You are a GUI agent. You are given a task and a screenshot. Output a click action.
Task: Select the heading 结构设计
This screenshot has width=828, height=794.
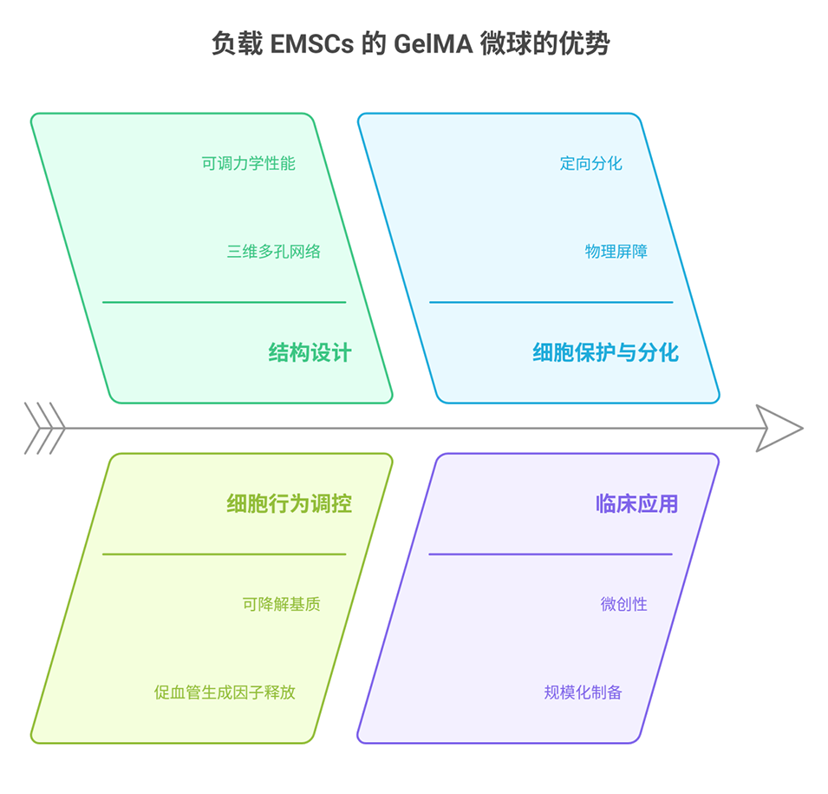pyautogui.click(x=310, y=352)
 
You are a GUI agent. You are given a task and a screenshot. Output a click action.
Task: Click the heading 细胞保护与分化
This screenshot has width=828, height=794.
pyautogui.click(x=605, y=352)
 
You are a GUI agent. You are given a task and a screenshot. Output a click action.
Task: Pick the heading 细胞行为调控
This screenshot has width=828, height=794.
pyautogui.click(x=289, y=503)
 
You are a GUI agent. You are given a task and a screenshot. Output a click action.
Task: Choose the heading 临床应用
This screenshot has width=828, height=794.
pyautogui.click(x=636, y=503)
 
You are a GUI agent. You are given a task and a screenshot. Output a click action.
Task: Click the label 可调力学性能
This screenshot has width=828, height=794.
pyautogui.click(x=249, y=163)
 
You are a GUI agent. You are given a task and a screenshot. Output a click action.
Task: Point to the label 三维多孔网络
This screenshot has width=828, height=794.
pyautogui.click(x=274, y=252)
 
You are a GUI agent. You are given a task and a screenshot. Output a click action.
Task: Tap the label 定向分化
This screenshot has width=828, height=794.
pyautogui.click(x=590, y=163)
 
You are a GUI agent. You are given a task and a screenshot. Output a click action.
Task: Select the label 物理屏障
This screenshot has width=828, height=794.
pyautogui.click(x=616, y=252)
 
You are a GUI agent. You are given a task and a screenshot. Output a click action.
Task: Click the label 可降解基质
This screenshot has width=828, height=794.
pyautogui.click(x=282, y=604)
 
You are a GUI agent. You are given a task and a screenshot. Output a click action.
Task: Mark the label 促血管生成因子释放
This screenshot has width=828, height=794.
pyautogui.click(x=225, y=692)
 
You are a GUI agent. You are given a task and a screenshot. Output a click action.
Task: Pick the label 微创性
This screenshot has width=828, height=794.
pyautogui.click(x=623, y=604)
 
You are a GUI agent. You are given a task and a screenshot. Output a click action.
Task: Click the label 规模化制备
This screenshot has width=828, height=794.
pyautogui.click(x=583, y=692)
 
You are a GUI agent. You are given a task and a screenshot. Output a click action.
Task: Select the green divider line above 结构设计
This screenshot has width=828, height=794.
pyautogui.click(x=224, y=302)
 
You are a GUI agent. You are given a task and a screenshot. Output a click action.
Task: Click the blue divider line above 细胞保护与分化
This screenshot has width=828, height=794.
pyautogui.click(x=551, y=302)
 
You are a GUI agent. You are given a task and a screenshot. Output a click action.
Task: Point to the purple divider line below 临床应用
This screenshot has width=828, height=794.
pyautogui.click(x=551, y=554)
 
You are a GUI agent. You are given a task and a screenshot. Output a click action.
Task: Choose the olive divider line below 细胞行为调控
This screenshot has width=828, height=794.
pyautogui.click(x=224, y=554)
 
